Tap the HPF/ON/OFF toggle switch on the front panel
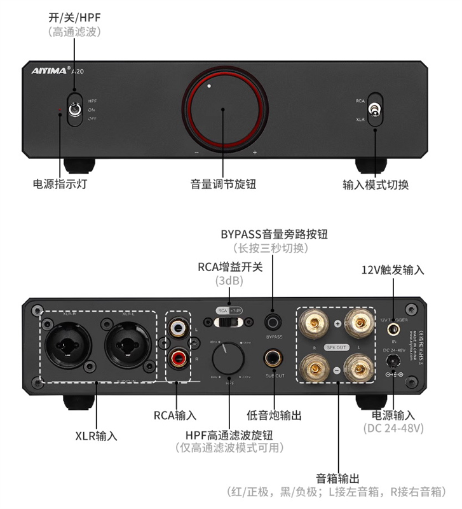tap(74, 110)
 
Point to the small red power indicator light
tap(60, 110)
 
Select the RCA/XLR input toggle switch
tap(375, 110)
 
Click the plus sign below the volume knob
tap(255, 153)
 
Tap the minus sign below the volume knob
tap(197, 153)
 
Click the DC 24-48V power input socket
tap(394, 360)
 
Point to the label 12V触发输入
tap(393, 270)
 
